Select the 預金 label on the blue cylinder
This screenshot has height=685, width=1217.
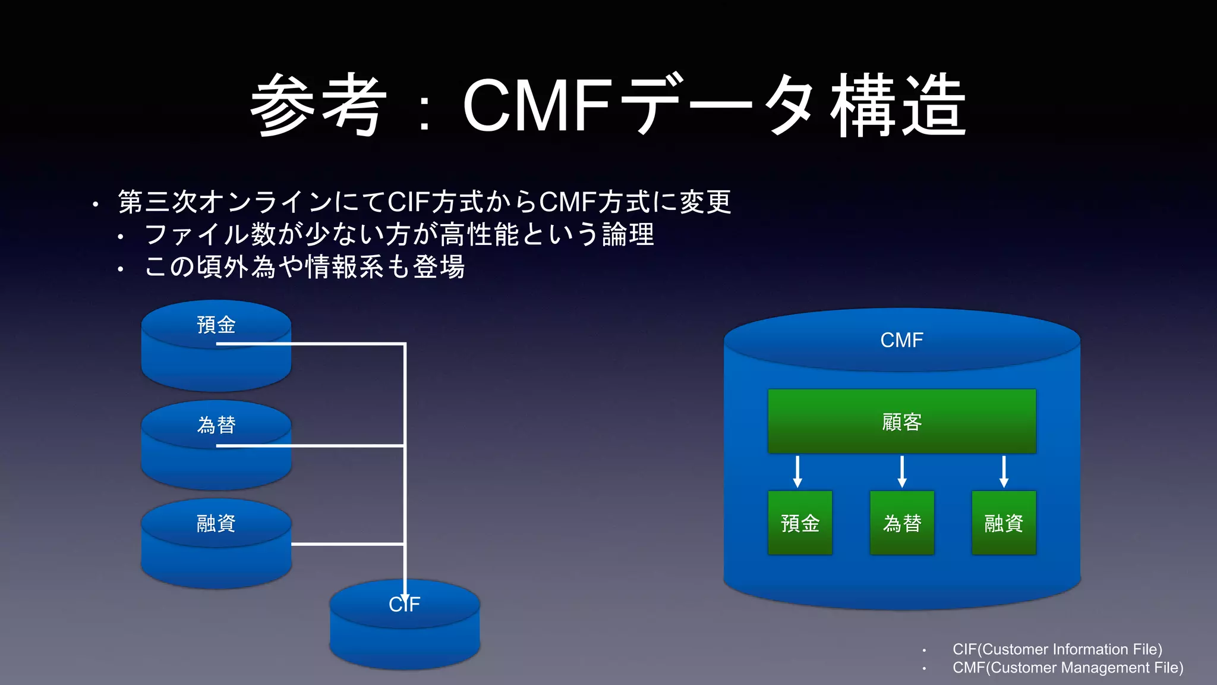[216, 325]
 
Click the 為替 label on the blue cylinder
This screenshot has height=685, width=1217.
[216, 425]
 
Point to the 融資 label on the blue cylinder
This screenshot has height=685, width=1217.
[216, 523]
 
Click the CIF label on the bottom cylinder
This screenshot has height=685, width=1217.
[404, 605]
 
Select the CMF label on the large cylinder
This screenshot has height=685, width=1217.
[901, 340]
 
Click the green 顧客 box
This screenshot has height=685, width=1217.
[901, 422]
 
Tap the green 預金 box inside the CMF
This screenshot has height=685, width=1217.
[800, 523]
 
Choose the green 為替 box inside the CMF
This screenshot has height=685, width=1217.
[901, 523]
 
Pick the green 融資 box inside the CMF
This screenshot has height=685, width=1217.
[1004, 523]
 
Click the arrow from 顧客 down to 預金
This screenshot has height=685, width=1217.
[797, 472]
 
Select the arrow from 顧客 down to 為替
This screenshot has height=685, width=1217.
[902, 472]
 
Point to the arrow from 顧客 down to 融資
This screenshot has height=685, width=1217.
[1004, 472]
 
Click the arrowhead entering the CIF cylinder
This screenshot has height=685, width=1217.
[405, 596]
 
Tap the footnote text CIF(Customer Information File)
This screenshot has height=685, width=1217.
[1057, 649]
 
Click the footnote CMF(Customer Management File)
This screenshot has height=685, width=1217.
[1067, 668]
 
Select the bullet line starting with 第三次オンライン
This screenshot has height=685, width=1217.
[424, 202]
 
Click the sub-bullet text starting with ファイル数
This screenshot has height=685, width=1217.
[399, 234]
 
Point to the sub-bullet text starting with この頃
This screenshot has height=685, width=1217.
[304, 267]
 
